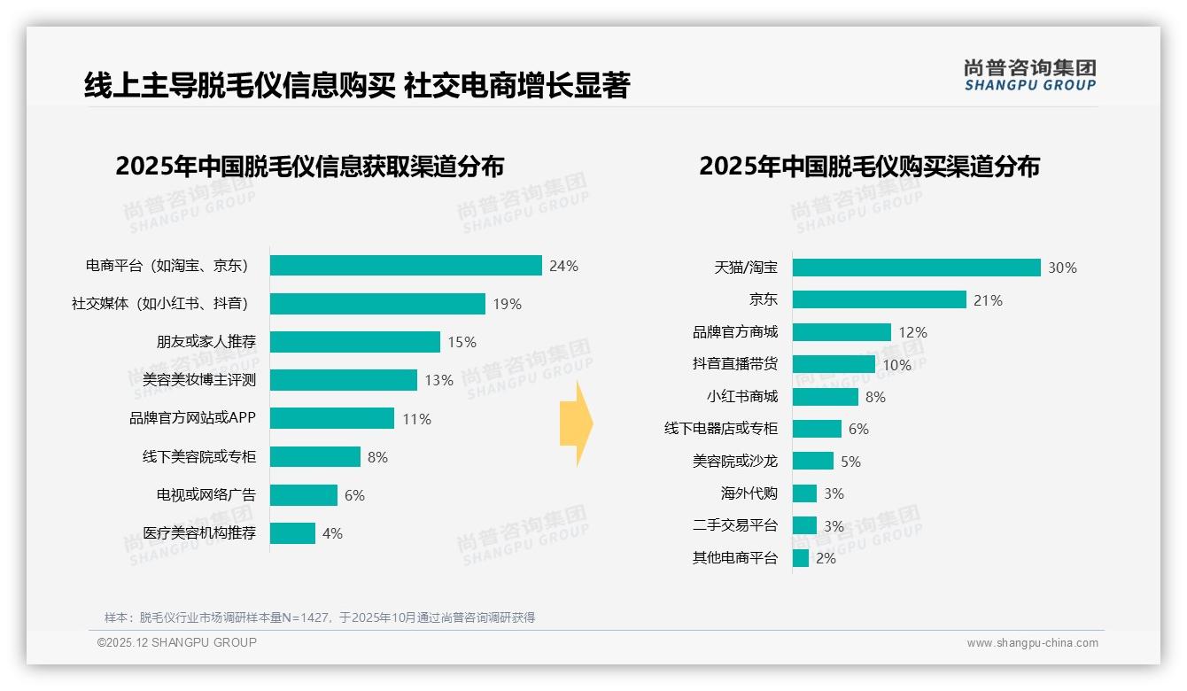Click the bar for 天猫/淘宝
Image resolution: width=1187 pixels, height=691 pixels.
click(916, 268)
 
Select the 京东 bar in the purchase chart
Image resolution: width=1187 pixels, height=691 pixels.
click(879, 299)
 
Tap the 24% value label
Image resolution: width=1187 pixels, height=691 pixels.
click(563, 266)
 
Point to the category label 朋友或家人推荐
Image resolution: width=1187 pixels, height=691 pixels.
click(206, 342)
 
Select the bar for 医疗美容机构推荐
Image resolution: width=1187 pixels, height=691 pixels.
click(292, 533)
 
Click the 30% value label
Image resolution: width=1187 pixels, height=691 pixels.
click(1062, 268)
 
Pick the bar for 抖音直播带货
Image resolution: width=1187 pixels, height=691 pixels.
click(834, 364)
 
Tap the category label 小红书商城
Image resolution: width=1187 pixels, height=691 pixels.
click(741, 397)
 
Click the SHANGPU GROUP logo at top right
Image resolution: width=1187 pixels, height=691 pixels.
click(1029, 75)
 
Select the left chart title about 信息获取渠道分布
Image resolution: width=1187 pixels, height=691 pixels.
click(309, 167)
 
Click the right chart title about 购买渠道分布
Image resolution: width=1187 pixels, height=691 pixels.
click(869, 167)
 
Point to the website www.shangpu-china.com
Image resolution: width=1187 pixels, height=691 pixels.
click(1032, 643)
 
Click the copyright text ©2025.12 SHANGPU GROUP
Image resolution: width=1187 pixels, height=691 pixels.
click(177, 642)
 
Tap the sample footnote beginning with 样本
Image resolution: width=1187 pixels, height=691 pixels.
click(320, 617)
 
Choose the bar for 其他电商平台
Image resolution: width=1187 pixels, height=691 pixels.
click(801, 558)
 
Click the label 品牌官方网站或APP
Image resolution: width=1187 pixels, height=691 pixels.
click(192, 418)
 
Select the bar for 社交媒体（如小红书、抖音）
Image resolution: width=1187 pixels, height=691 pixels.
click(377, 304)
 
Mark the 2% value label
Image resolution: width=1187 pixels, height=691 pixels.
click(826, 558)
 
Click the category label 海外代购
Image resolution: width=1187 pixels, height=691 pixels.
click(749, 493)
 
